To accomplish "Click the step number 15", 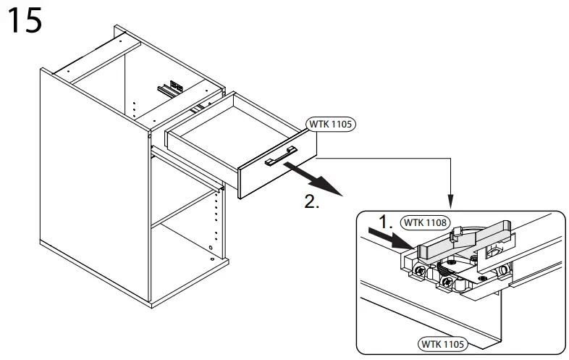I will [25, 21].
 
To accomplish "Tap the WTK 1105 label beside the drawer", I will [330, 124].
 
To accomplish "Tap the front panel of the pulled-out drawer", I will [275, 170].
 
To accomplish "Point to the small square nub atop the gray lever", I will [457, 233].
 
